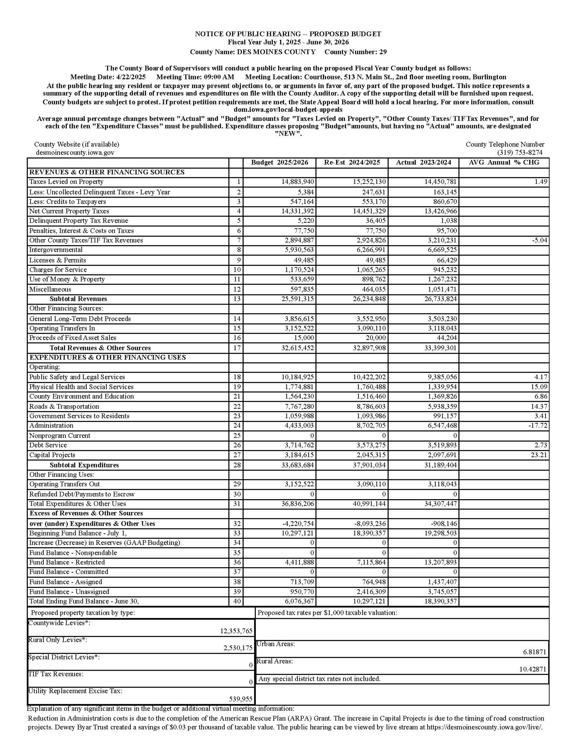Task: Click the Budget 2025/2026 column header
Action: (x=279, y=163)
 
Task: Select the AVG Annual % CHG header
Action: (x=504, y=163)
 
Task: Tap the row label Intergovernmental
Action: (x=56, y=250)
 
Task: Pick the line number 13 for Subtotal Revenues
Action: (x=237, y=299)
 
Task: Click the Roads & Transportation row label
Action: (x=64, y=406)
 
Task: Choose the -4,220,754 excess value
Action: (x=298, y=524)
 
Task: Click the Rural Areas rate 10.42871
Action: (x=533, y=669)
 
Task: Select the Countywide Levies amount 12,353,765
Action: (x=236, y=631)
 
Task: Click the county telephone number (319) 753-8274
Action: (x=520, y=153)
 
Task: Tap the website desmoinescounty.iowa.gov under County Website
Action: (x=75, y=153)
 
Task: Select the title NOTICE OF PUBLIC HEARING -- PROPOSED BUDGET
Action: (x=288, y=34)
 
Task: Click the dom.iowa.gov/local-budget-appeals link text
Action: (x=288, y=110)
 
